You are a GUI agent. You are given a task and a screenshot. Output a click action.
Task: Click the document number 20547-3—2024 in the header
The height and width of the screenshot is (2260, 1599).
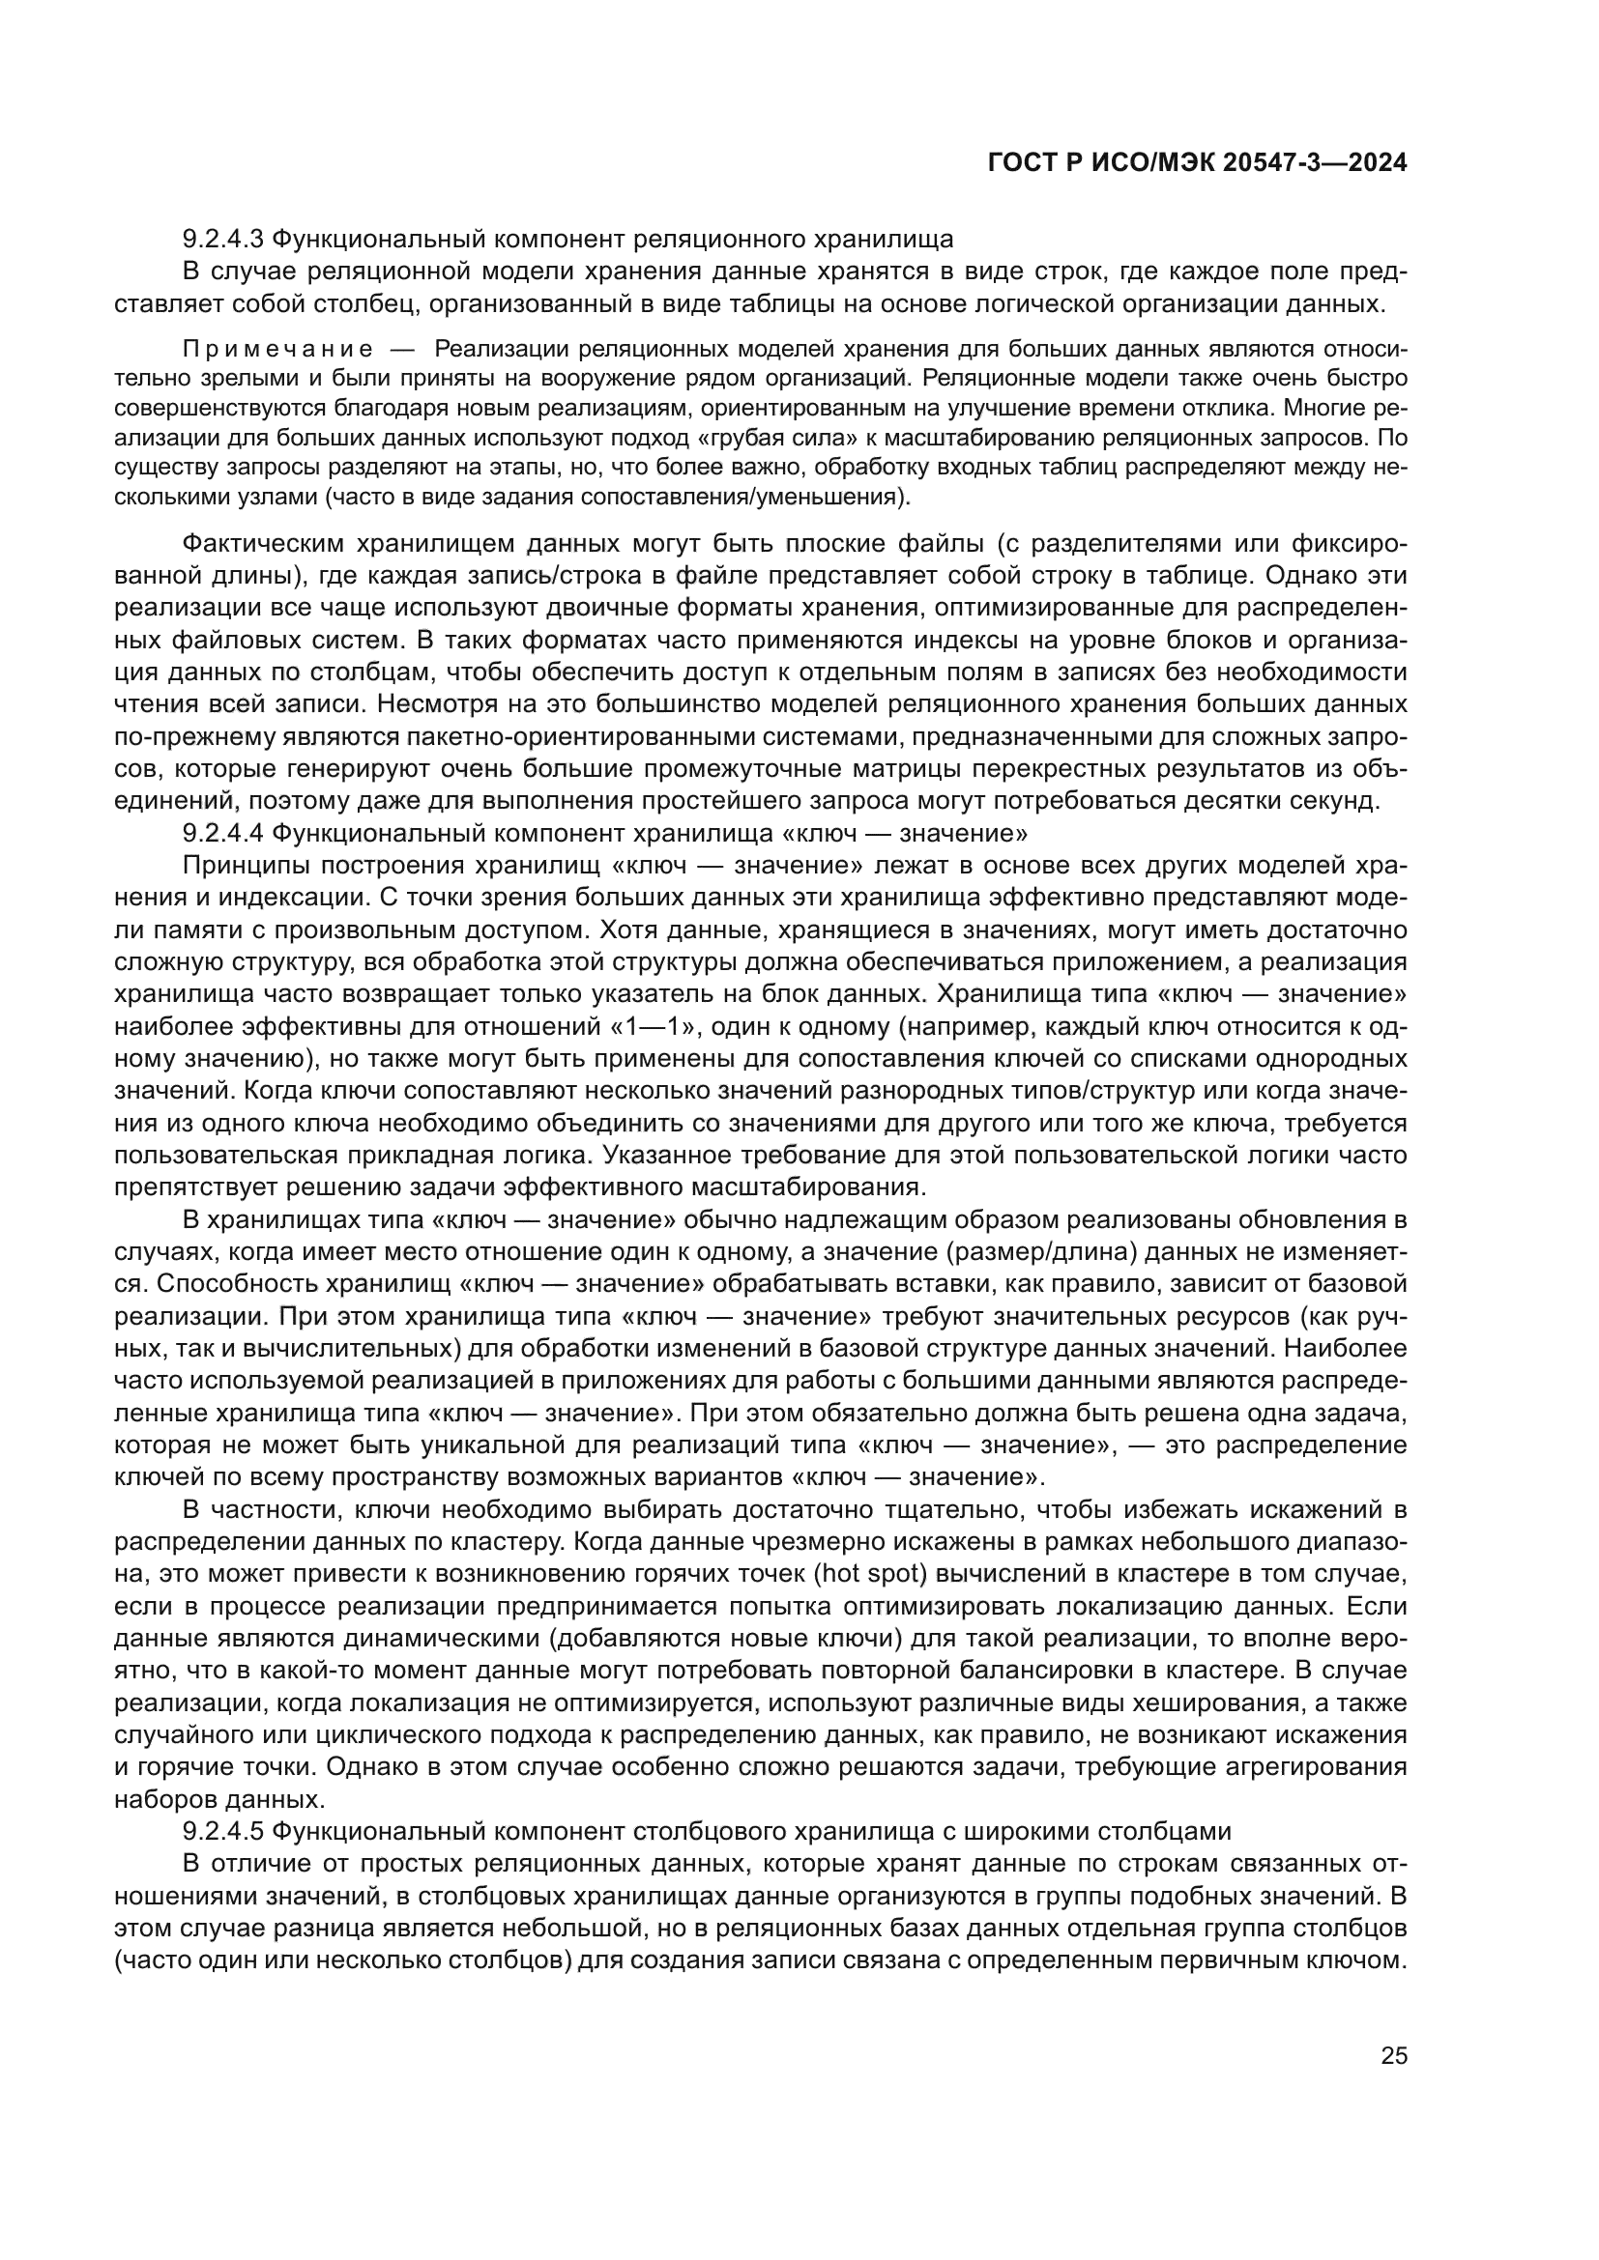1315,163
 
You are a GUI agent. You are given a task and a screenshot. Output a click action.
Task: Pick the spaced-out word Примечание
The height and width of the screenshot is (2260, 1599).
277,349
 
